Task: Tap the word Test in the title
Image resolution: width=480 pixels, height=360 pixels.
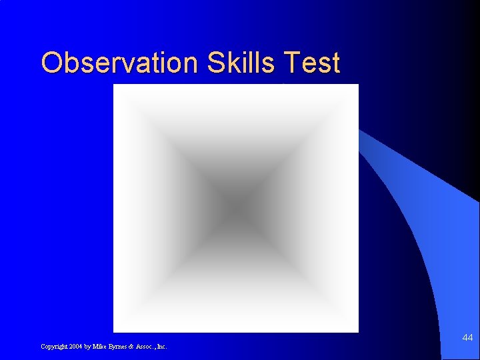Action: tap(311, 63)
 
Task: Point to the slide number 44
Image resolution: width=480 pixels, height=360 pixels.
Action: tap(467, 339)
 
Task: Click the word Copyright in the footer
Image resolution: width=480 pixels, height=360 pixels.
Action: tap(53, 347)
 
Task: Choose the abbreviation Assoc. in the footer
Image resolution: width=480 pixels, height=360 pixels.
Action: tap(143, 347)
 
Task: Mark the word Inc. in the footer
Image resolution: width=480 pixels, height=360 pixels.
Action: tap(161, 347)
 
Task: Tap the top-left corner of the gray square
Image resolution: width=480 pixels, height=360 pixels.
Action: tap(115, 85)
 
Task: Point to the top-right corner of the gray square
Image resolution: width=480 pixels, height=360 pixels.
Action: tap(357, 85)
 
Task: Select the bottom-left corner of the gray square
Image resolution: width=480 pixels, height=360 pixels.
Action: tap(115, 331)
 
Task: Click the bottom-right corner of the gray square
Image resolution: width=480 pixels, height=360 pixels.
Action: tap(357, 331)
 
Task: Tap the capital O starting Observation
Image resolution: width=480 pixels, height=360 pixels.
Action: tap(51, 63)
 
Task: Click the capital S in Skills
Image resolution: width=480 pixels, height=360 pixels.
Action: tap(215, 63)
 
